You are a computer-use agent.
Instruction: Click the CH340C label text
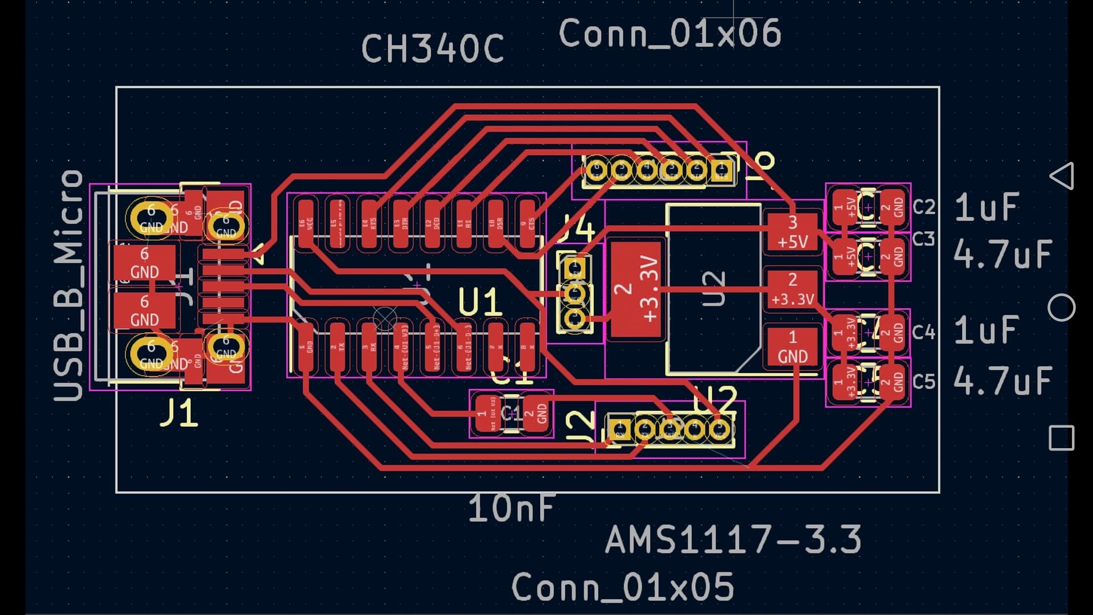pos(433,49)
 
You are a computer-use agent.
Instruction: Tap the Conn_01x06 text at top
pos(669,34)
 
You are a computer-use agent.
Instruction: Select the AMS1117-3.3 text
pos(733,540)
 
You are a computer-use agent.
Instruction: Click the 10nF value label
pos(511,509)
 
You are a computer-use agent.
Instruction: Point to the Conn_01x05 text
pos(623,587)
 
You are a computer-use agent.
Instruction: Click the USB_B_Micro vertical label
pos(69,285)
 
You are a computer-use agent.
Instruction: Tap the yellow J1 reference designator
pos(179,413)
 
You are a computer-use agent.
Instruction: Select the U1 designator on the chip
pos(480,302)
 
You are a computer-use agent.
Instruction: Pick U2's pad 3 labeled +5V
pos(792,232)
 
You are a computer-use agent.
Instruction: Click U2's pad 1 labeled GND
pos(792,347)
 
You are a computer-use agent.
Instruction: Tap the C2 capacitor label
pos(923,207)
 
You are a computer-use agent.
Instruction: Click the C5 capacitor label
pos(923,381)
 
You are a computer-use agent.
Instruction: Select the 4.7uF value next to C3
pos(1002,254)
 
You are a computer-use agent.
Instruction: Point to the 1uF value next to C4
pos(986,330)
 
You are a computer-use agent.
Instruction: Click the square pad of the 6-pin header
pos(722,170)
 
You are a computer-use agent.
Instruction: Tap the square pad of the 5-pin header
pos(619,429)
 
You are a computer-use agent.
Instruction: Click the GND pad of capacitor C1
pos(536,413)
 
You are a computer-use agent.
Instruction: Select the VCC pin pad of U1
pos(306,225)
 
